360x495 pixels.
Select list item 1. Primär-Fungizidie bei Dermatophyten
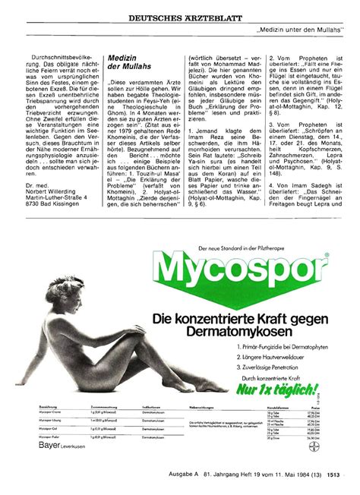point(271,346)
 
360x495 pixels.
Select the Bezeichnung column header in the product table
point(37,408)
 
